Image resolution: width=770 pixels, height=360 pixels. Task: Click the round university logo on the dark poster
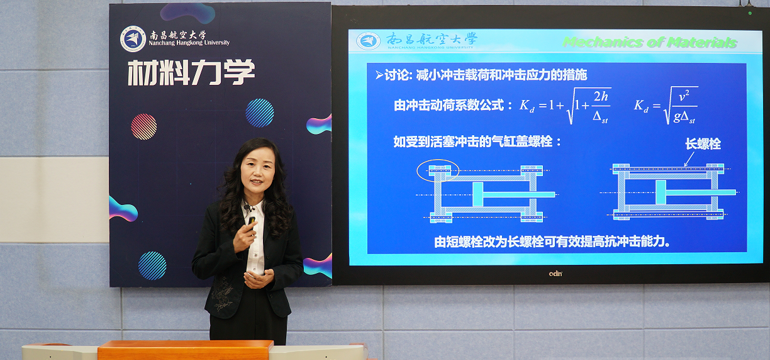point(132,39)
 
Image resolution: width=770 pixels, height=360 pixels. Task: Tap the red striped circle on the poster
point(144,126)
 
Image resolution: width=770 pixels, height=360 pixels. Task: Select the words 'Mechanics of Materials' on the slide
point(650,42)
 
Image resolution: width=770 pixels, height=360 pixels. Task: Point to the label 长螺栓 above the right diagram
point(702,144)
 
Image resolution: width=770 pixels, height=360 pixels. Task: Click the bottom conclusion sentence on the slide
point(551,241)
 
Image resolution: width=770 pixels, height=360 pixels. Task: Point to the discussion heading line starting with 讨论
point(480,75)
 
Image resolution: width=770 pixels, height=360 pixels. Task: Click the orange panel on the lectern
point(185,350)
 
